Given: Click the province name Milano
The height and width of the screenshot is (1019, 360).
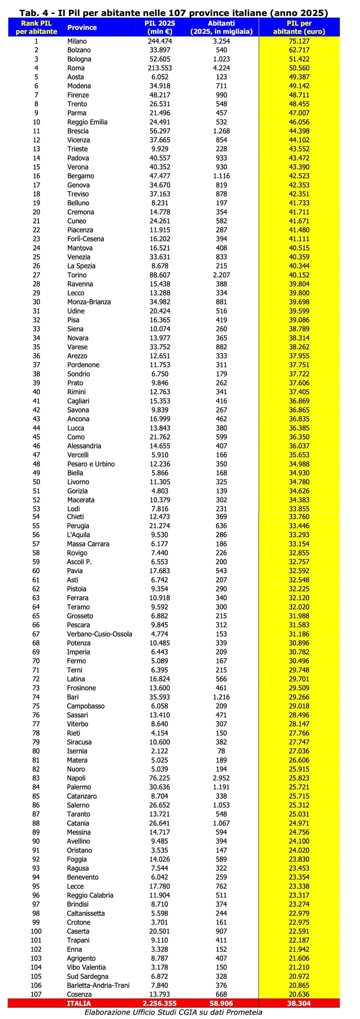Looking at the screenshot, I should pos(77,41).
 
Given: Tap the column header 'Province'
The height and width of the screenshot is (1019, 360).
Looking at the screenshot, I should pos(82,27).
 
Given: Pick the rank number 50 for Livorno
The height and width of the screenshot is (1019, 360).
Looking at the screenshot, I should pos(36,482).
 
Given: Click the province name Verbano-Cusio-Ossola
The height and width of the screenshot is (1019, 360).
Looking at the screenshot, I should pos(99,634).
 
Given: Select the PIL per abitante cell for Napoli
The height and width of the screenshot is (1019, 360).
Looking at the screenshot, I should pos(299,778).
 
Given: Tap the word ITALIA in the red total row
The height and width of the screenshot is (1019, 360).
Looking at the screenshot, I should pos(79,1003).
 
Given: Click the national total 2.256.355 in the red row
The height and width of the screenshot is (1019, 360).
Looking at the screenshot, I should pos(160,1003).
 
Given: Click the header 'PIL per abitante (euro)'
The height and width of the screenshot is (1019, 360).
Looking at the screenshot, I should pos(299,27).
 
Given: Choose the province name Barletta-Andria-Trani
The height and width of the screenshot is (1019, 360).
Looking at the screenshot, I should pos(98,985).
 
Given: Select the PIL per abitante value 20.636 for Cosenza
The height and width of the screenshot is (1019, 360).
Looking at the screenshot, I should pos(299,994).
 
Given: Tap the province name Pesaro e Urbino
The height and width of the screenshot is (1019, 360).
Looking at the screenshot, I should pos(91,464).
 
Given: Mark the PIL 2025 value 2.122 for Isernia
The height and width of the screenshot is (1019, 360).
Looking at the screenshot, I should pos(160,751).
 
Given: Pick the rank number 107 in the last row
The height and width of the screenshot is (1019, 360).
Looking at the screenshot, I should pos(36,994).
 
